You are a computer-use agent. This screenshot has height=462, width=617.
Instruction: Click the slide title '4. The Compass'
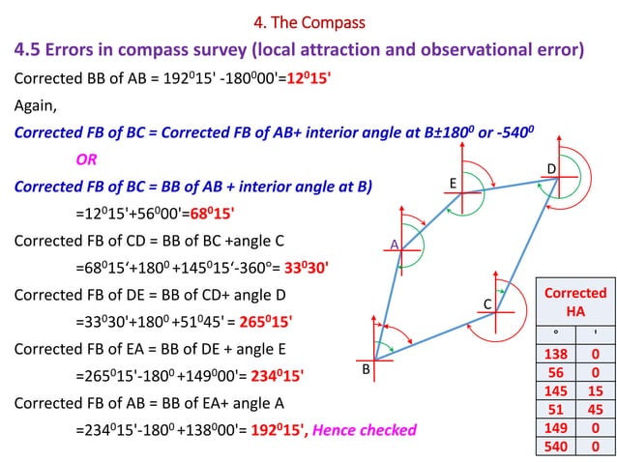pyautogui.click(x=308, y=22)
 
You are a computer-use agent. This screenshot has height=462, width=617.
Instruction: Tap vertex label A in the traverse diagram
pyautogui.click(x=395, y=244)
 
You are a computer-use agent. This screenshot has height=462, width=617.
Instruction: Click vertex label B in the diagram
pyautogui.click(x=367, y=370)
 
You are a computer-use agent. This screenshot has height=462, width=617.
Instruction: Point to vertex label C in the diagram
pyautogui.click(x=488, y=304)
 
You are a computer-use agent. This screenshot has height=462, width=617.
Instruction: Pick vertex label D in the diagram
pyautogui.click(x=551, y=169)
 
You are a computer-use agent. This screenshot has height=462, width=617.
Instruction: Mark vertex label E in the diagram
pyautogui.click(x=452, y=182)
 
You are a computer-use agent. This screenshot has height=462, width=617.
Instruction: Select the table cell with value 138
pyautogui.click(x=556, y=356)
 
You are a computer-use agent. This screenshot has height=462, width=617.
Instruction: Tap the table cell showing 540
pyautogui.click(x=556, y=446)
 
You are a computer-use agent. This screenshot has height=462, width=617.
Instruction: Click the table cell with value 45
pyautogui.click(x=593, y=410)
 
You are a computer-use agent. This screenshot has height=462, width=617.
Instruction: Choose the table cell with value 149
pyautogui.click(x=556, y=427)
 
